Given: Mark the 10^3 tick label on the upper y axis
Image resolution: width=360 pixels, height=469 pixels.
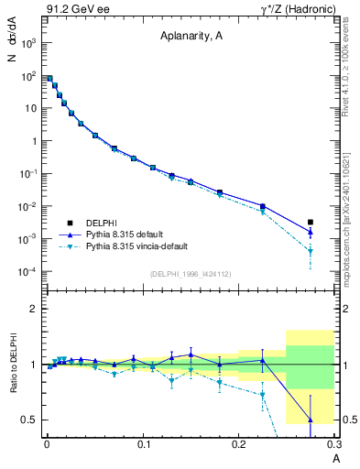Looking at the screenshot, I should [x=28, y=42].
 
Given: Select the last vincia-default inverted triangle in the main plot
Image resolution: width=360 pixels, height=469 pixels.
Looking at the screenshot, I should [x=311, y=251].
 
